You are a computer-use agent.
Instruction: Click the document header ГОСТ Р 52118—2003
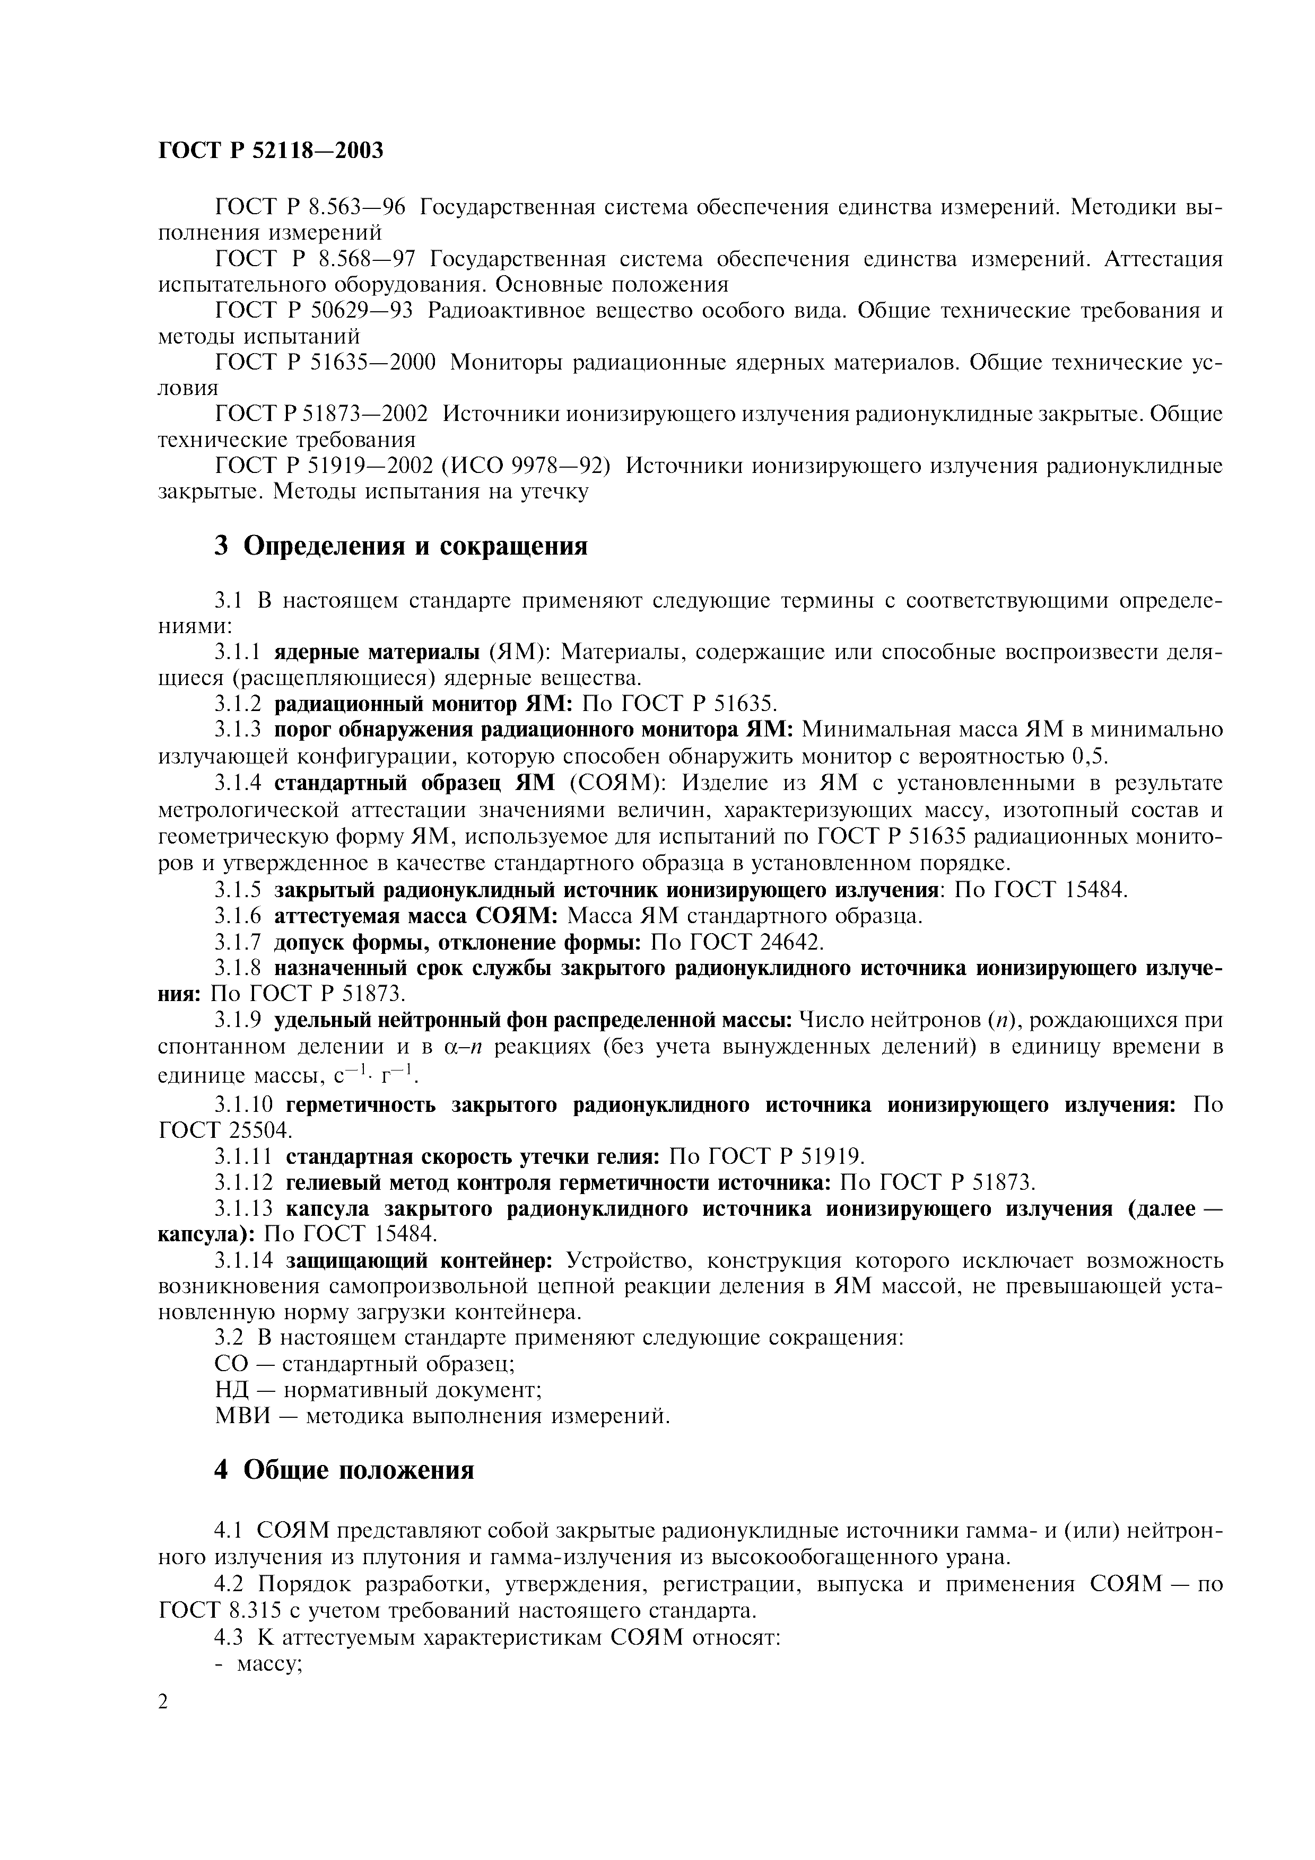coord(271,151)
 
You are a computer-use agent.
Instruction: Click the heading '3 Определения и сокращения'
coord(400,546)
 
